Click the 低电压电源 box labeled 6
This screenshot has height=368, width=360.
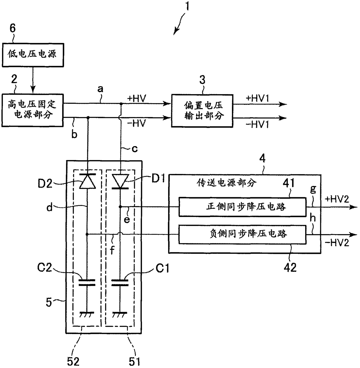tap(33, 55)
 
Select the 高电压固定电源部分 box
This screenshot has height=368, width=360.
tap(33, 110)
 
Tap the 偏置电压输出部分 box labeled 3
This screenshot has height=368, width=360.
tap(202, 111)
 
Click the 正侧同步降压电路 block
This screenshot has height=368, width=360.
tap(242, 207)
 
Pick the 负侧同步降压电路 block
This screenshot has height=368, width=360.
tap(242, 234)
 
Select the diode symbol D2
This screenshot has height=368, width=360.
tap(87, 181)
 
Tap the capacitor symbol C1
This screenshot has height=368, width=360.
tap(120, 283)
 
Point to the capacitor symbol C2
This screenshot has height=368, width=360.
tap(87, 283)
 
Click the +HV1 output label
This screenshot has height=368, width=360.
tap(258, 98)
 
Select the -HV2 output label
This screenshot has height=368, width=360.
tap(337, 243)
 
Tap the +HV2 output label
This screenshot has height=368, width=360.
tap(337, 199)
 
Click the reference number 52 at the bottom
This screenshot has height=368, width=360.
tap(73, 361)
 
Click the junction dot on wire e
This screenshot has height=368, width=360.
tap(120, 207)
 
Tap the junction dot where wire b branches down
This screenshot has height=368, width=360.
tap(88, 117)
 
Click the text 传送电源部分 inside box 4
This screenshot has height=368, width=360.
tap(226, 183)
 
